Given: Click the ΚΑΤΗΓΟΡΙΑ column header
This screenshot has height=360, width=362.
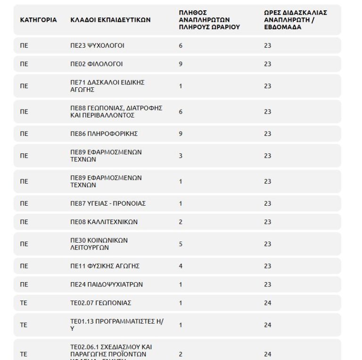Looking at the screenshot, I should coord(39,20).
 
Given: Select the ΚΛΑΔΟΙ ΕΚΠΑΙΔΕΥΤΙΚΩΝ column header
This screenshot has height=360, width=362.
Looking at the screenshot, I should coord(110,20).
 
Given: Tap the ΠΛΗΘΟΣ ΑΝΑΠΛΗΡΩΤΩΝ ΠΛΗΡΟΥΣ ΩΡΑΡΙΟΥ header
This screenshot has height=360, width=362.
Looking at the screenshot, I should coord(209,20).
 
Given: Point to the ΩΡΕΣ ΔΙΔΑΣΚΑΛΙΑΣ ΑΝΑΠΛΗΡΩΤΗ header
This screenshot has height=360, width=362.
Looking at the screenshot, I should coord(296,20).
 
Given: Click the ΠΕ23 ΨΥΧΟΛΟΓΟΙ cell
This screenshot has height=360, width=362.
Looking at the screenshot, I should coord(98,46).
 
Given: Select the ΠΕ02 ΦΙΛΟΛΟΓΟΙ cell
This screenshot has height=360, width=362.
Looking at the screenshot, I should coord(96,64).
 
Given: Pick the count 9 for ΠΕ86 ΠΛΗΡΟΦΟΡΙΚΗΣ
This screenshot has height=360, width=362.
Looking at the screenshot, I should coord(181,134).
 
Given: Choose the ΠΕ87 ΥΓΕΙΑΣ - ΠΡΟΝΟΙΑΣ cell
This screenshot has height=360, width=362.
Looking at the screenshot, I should coord(108,204).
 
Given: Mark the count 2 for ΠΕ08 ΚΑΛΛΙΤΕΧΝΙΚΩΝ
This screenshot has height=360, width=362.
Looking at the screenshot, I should coord(181,222).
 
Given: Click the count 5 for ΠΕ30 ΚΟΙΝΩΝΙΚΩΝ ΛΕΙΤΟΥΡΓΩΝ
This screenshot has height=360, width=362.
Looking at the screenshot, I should coord(181,244).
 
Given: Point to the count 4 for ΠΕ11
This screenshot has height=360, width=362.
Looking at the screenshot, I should coord(181,266).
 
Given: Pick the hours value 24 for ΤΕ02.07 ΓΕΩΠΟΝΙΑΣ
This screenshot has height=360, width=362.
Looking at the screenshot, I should coord(268,303).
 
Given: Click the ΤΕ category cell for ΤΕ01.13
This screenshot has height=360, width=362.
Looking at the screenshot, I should coord(24,325).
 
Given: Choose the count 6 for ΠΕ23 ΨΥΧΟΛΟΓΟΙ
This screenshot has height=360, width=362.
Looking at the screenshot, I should coord(181,46).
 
